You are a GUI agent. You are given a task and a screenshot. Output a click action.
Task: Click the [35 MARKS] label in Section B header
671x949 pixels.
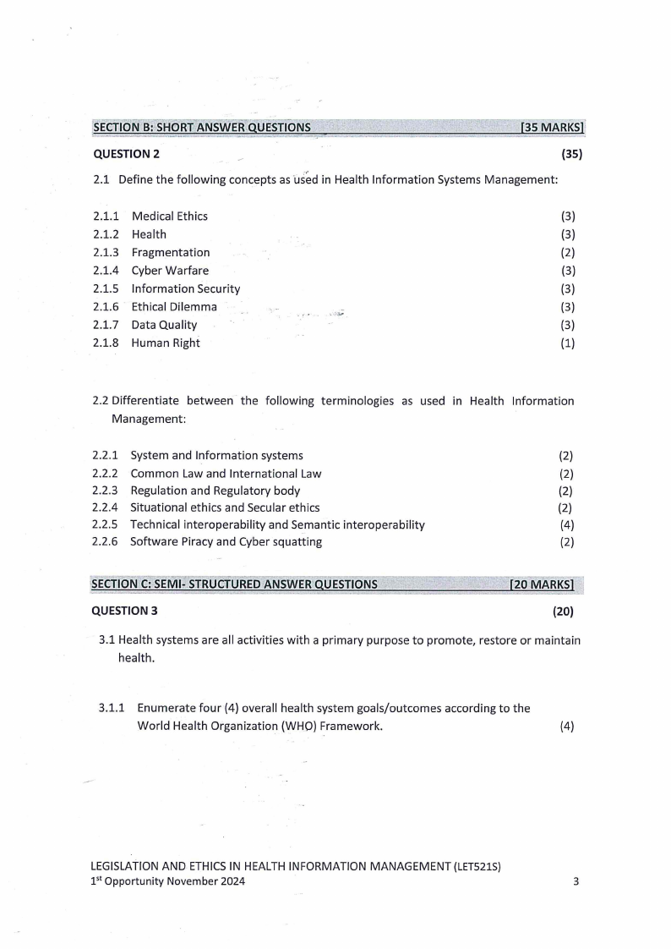[554, 128]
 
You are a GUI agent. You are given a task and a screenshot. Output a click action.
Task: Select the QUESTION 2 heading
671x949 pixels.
[126, 154]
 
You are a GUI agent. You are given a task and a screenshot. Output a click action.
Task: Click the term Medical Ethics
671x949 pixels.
[170, 217]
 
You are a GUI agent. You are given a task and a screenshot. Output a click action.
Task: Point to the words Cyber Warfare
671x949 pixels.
[170, 271]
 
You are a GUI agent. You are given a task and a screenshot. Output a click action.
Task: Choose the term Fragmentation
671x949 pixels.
[171, 252]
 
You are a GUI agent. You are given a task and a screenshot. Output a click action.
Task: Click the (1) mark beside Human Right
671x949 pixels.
[568, 343]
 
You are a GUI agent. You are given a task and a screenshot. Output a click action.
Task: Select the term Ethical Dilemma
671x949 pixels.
[174, 307]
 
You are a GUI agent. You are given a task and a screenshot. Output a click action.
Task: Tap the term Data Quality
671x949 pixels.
[164, 325]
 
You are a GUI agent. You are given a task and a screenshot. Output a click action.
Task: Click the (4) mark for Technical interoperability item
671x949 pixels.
[567, 524]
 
